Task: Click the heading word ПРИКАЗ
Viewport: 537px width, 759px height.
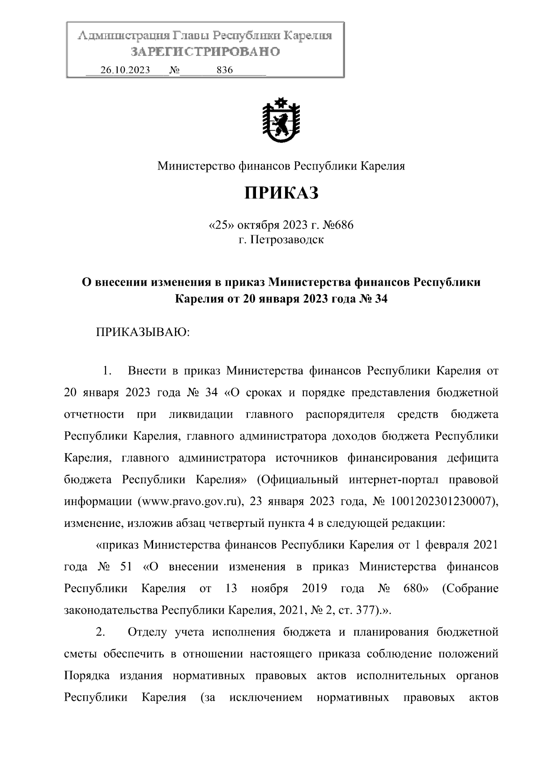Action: coord(281,193)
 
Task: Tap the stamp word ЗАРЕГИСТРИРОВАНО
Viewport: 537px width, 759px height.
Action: coord(205,52)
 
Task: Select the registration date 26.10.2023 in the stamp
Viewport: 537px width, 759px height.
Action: coord(125,70)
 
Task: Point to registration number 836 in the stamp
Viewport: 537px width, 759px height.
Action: coord(224,70)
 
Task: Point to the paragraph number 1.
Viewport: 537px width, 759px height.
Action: coord(106,371)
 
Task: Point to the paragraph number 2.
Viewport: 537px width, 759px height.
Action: coord(101,632)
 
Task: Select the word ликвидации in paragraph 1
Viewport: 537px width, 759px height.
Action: coord(201,414)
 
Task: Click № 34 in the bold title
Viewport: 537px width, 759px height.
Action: coord(373,299)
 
